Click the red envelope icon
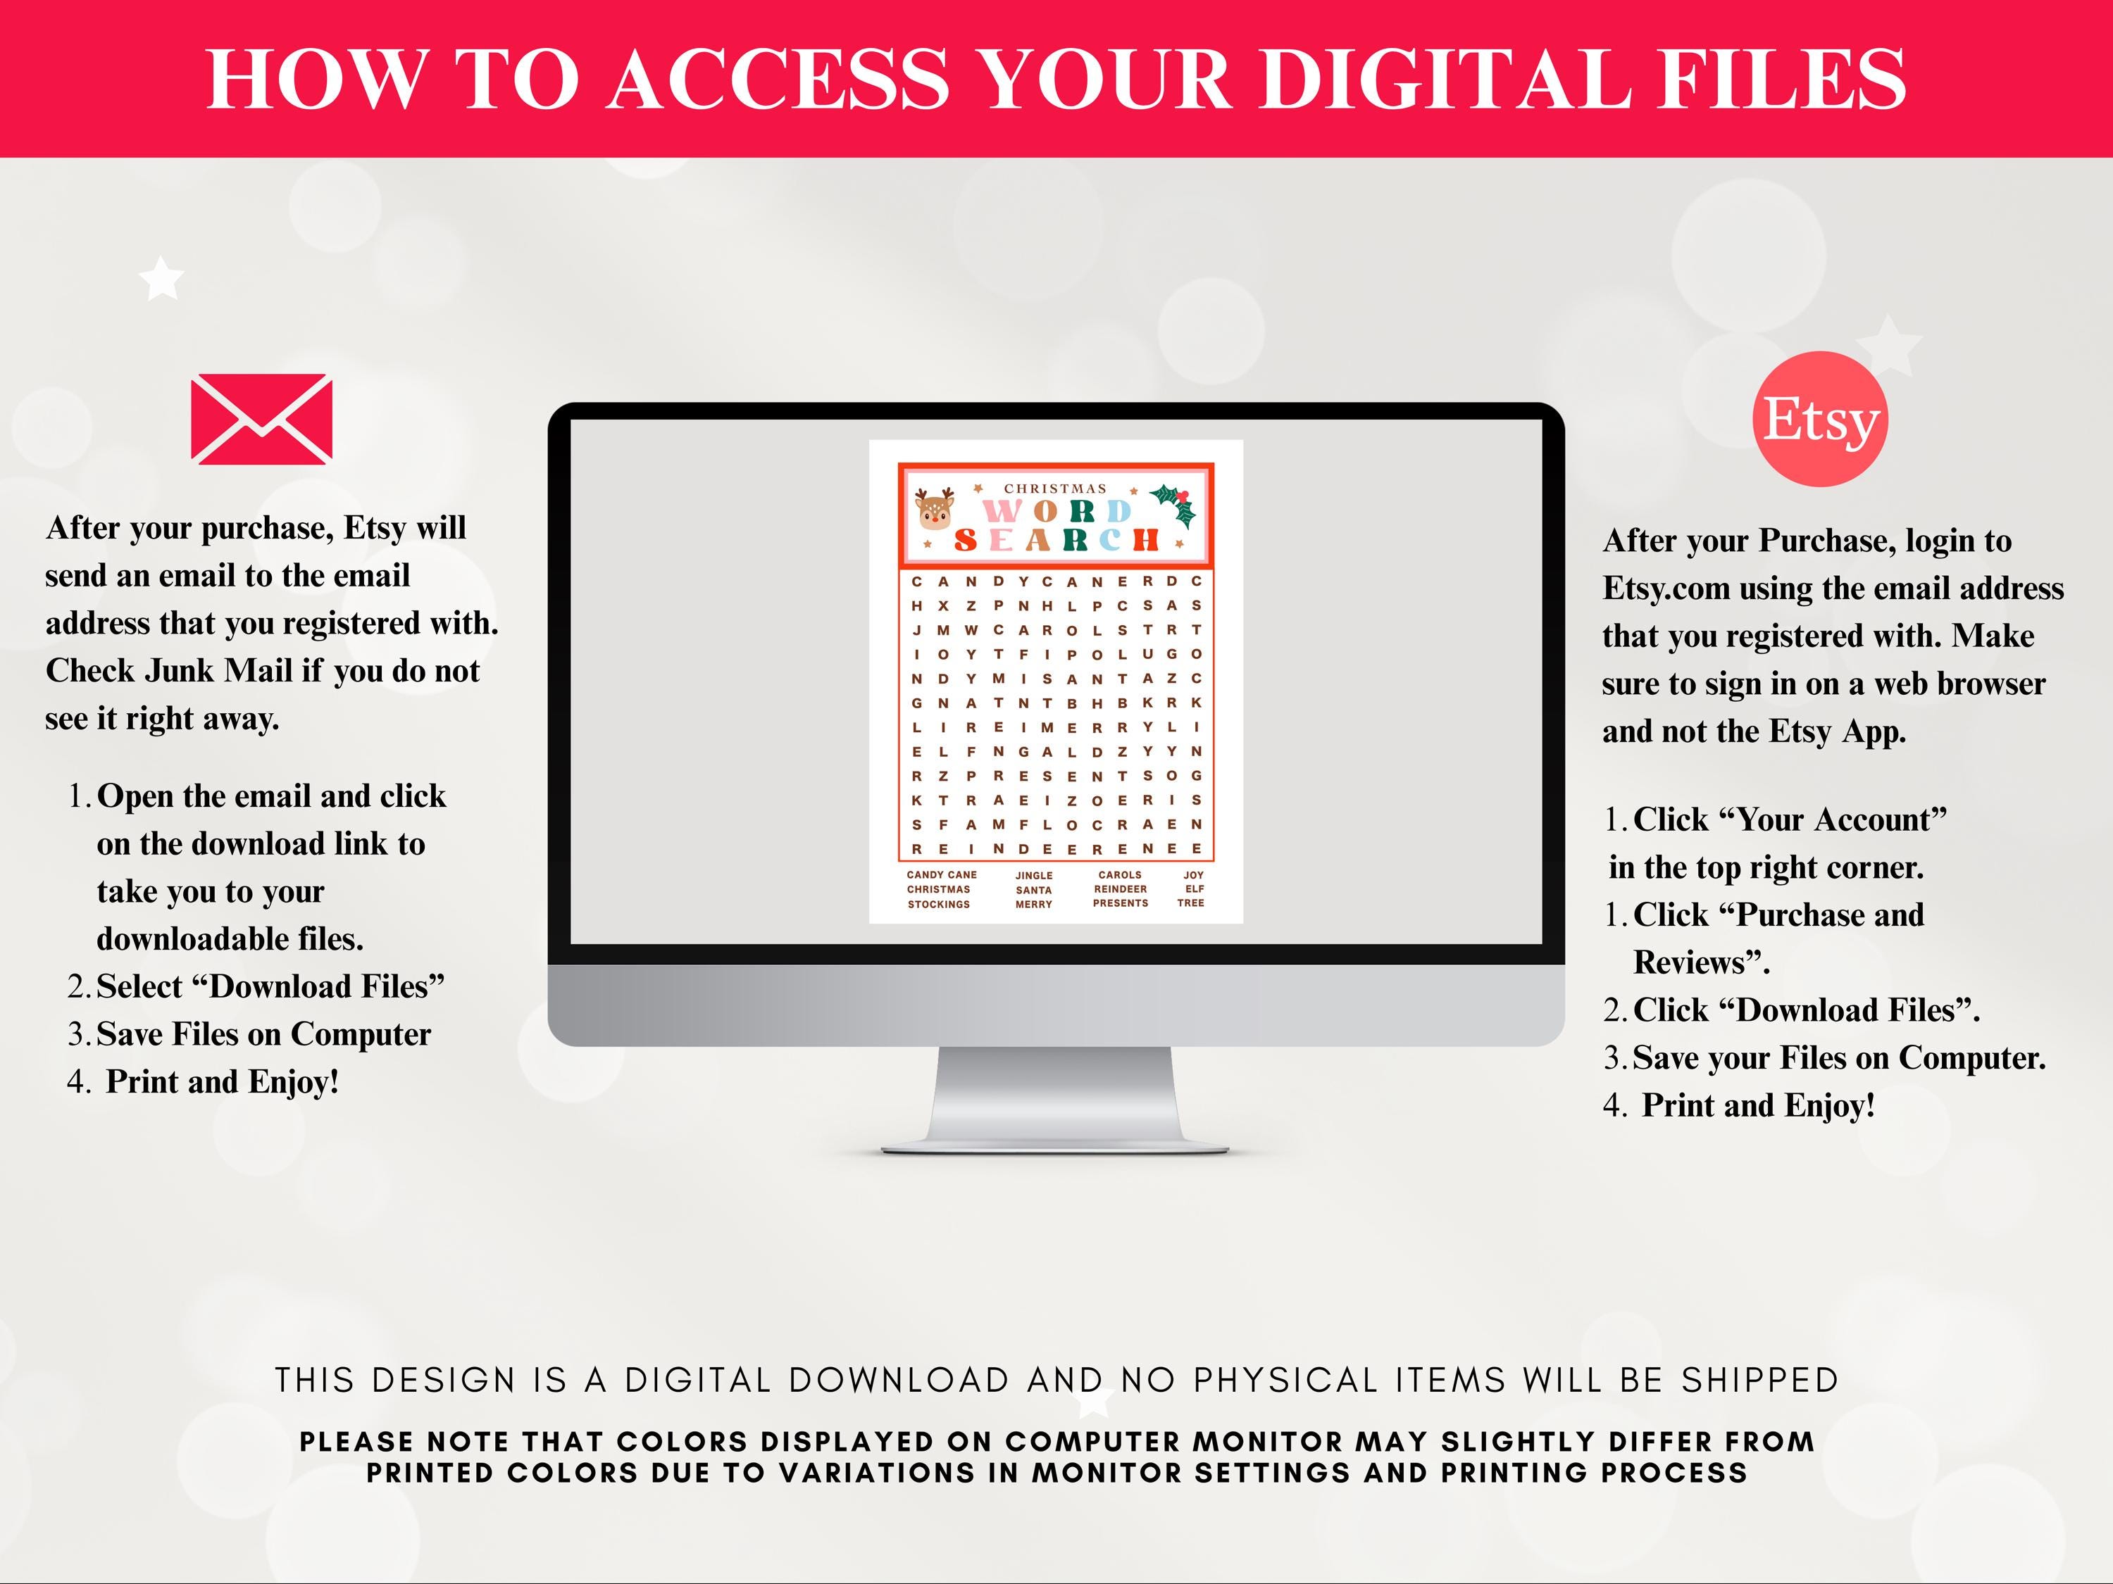point(262,419)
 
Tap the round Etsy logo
point(1821,419)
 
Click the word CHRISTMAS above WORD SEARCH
point(1054,489)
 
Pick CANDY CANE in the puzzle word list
point(942,874)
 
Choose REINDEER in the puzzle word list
point(1121,889)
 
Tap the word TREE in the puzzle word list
point(1191,903)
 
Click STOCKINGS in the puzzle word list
point(939,904)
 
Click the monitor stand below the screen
point(1054,1099)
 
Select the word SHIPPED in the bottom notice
point(1759,1380)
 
